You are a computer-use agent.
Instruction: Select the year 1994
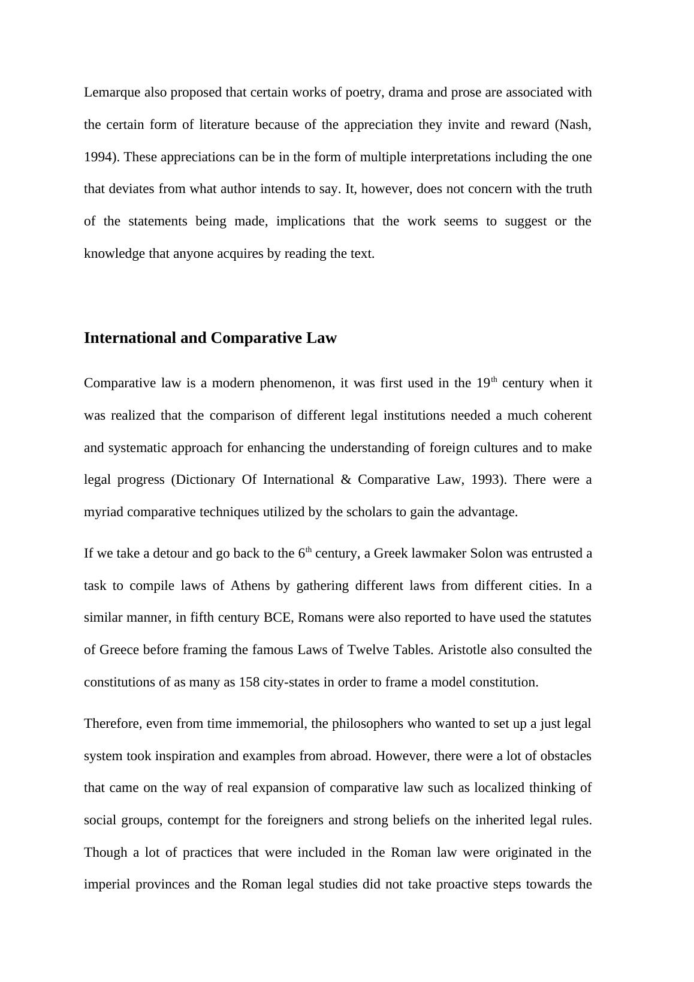tap(98, 157)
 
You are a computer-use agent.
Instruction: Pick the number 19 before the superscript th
tap(483, 383)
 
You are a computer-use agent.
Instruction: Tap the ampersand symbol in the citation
tap(346, 480)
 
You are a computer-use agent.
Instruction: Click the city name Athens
tap(250, 586)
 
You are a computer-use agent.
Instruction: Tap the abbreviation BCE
tap(277, 617)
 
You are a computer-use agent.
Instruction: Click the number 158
tap(249, 682)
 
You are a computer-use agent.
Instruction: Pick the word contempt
tap(194, 820)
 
